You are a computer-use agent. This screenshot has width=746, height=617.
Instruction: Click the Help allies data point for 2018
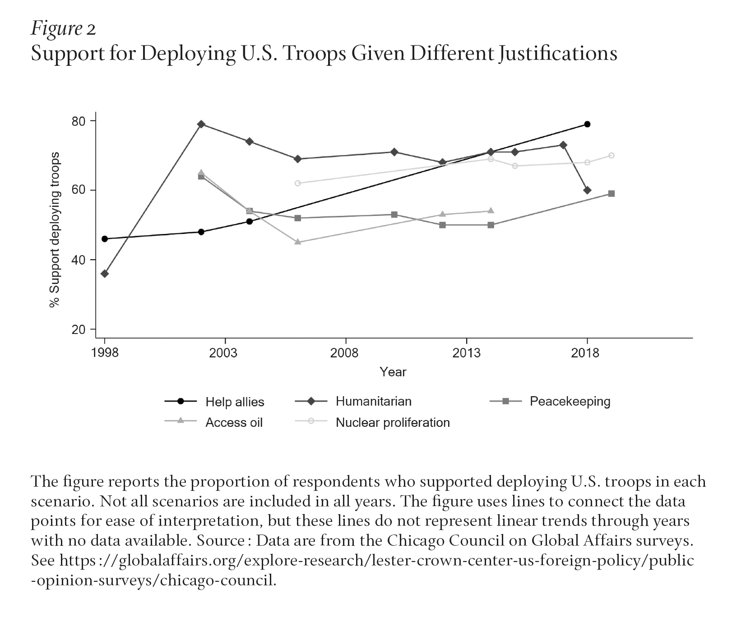click(x=587, y=124)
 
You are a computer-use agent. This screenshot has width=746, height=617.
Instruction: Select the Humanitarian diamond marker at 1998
click(x=105, y=274)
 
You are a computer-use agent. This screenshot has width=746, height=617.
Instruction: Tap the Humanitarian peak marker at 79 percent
click(x=201, y=124)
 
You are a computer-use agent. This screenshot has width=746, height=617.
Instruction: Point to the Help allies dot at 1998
click(x=105, y=239)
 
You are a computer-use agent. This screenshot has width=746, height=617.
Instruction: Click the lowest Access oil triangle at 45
click(x=298, y=242)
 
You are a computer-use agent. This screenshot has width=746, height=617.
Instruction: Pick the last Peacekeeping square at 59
click(x=611, y=194)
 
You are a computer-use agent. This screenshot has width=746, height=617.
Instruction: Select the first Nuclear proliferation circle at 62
click(x=298, y=183)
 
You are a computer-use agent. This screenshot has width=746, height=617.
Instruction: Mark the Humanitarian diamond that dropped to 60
click(x=587, y=190)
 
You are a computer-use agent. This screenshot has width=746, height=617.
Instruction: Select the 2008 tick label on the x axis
click(x=345, y=352)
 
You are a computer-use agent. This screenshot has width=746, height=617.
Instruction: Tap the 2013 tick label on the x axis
click(x=466, y=352)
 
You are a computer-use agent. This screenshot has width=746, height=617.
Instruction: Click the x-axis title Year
click(x=393, y=372)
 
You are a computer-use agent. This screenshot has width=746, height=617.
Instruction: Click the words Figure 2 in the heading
click(x=63, y=29)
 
